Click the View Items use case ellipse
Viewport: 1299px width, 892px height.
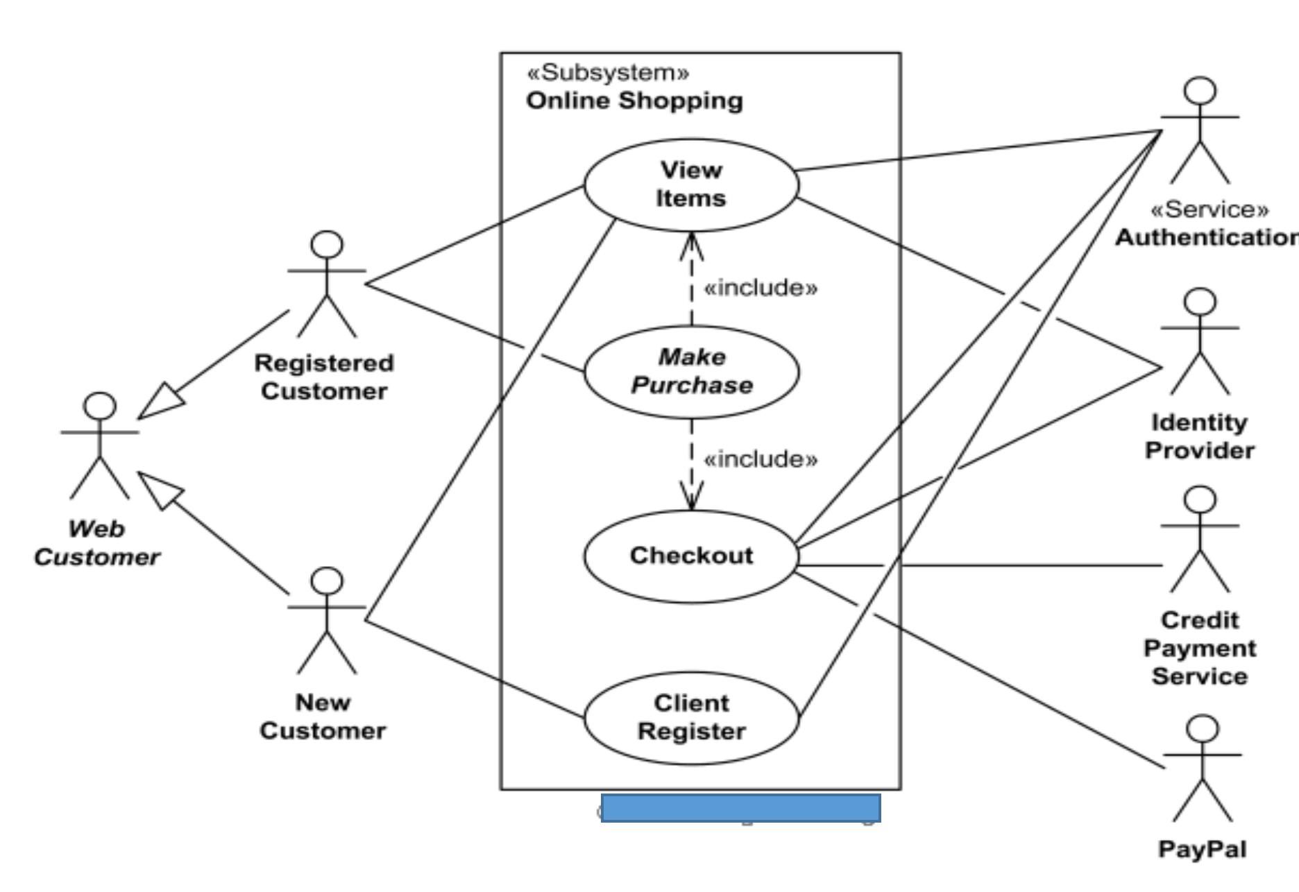point(691,185)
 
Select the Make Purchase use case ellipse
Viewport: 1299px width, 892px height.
point(691,372)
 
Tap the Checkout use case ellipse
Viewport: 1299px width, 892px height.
point(691,556)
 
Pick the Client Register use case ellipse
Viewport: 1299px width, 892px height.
point(691,718)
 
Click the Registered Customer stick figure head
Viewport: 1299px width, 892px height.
point(327,245)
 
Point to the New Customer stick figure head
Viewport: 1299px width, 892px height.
point(327,581)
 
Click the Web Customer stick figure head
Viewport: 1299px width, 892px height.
point(100,406)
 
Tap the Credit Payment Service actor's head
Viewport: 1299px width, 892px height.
point(1200,500)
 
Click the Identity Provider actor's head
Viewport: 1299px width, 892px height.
point(1200,302)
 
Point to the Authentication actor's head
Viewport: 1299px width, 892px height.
point(1200,91)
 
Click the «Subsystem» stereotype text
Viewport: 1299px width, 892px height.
point(609,73)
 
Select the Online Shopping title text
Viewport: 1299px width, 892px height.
point(634,101)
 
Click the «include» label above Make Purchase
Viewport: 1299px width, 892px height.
point(761,287)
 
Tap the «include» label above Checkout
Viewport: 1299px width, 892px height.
point(761,459)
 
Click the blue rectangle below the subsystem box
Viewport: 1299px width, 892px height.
point(740,808)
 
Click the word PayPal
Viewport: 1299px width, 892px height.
point(1202,849)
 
